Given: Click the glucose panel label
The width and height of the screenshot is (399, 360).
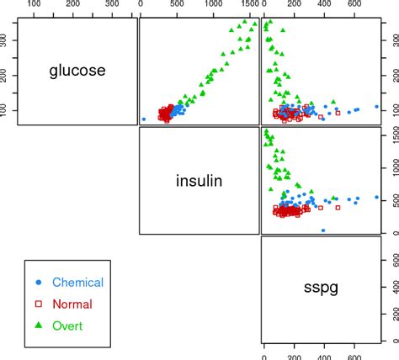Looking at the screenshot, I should coord(76,71).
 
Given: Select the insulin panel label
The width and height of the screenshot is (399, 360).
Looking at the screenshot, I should coord(199,180).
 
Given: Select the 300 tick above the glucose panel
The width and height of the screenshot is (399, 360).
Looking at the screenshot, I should coord(114,5).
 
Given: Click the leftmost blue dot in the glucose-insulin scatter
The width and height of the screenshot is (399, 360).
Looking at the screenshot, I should coord(144,119).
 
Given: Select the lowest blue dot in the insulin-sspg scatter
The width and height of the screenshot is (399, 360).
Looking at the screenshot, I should coord(322,230).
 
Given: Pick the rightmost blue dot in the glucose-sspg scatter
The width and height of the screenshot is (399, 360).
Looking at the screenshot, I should coord(376,107).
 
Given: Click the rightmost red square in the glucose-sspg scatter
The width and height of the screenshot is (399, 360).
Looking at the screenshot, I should coord(338,112).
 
